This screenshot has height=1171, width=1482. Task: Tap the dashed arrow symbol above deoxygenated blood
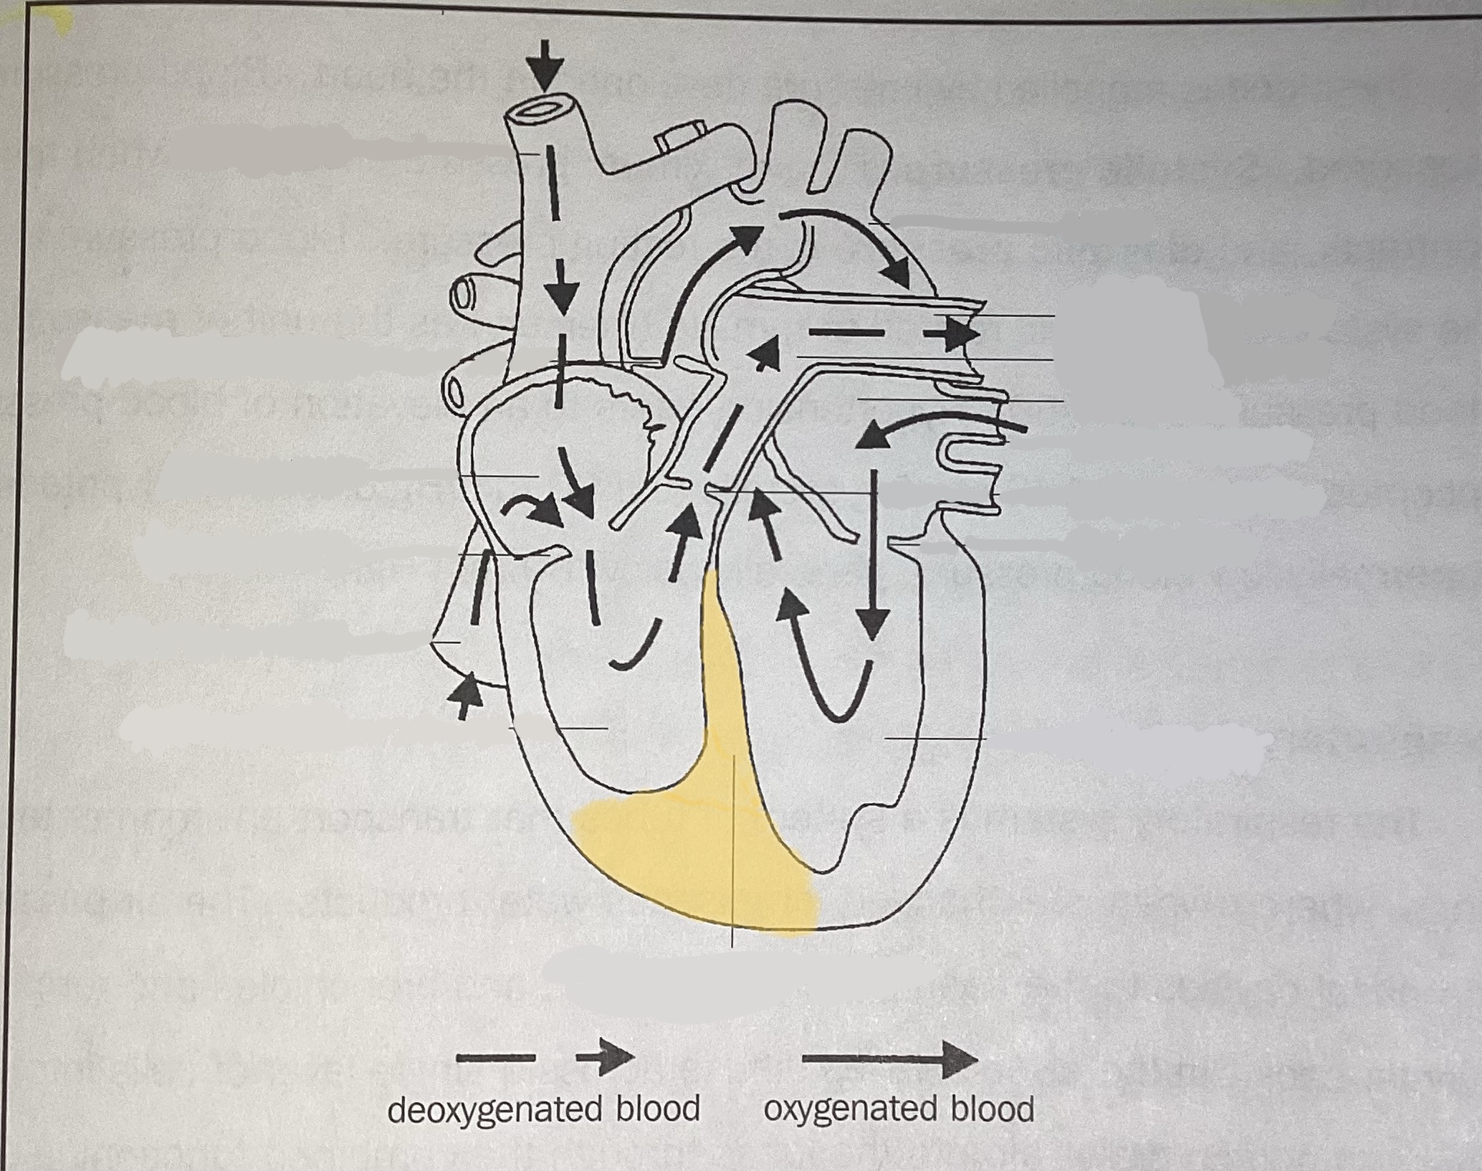[545, 1057]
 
